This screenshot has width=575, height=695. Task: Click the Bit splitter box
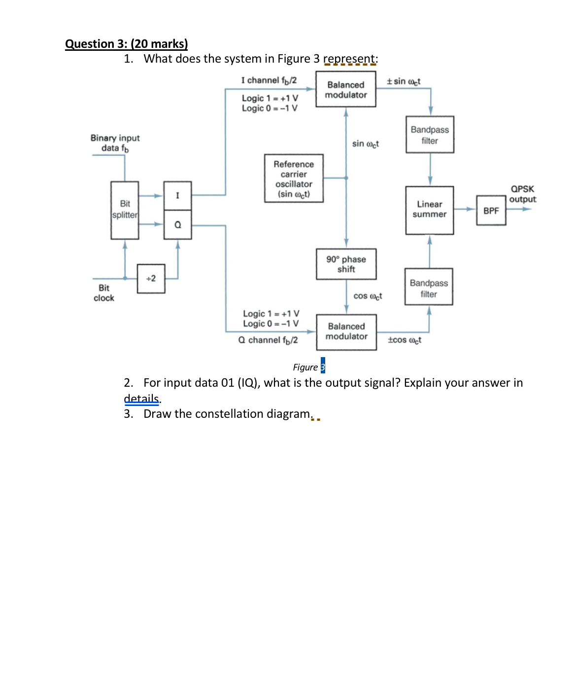(x=125, y=210)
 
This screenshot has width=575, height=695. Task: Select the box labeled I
(x=177, y=196)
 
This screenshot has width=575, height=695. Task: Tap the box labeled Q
(x=177, y=225)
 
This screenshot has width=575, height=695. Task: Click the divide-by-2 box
(x=151, y=279)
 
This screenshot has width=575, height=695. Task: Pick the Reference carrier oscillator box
(x=294, y=179)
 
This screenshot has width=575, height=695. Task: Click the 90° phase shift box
(x=346, y=264)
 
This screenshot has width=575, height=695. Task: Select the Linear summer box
(x=429, y=210)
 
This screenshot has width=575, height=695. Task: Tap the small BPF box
(x=491, y=211)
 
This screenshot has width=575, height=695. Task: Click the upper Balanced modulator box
(x=345, y=90)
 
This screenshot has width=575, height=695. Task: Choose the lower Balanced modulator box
(x=346, y=331)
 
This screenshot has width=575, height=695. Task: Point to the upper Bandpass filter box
(x=430, y=135)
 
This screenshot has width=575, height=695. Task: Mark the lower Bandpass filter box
(x=429, y=288)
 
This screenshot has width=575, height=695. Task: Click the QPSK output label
(x=522, y=194)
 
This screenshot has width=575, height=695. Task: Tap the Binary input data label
(x=115, y=143)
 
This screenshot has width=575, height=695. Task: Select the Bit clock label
(x=103, y=293)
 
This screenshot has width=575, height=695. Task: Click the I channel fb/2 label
(x=269, y=80)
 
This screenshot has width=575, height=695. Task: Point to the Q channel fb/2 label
(x=268, y=340)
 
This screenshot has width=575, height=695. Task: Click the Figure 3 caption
(x=308, y=367)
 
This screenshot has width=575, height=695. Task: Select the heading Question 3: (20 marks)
(x=126, y=44)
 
